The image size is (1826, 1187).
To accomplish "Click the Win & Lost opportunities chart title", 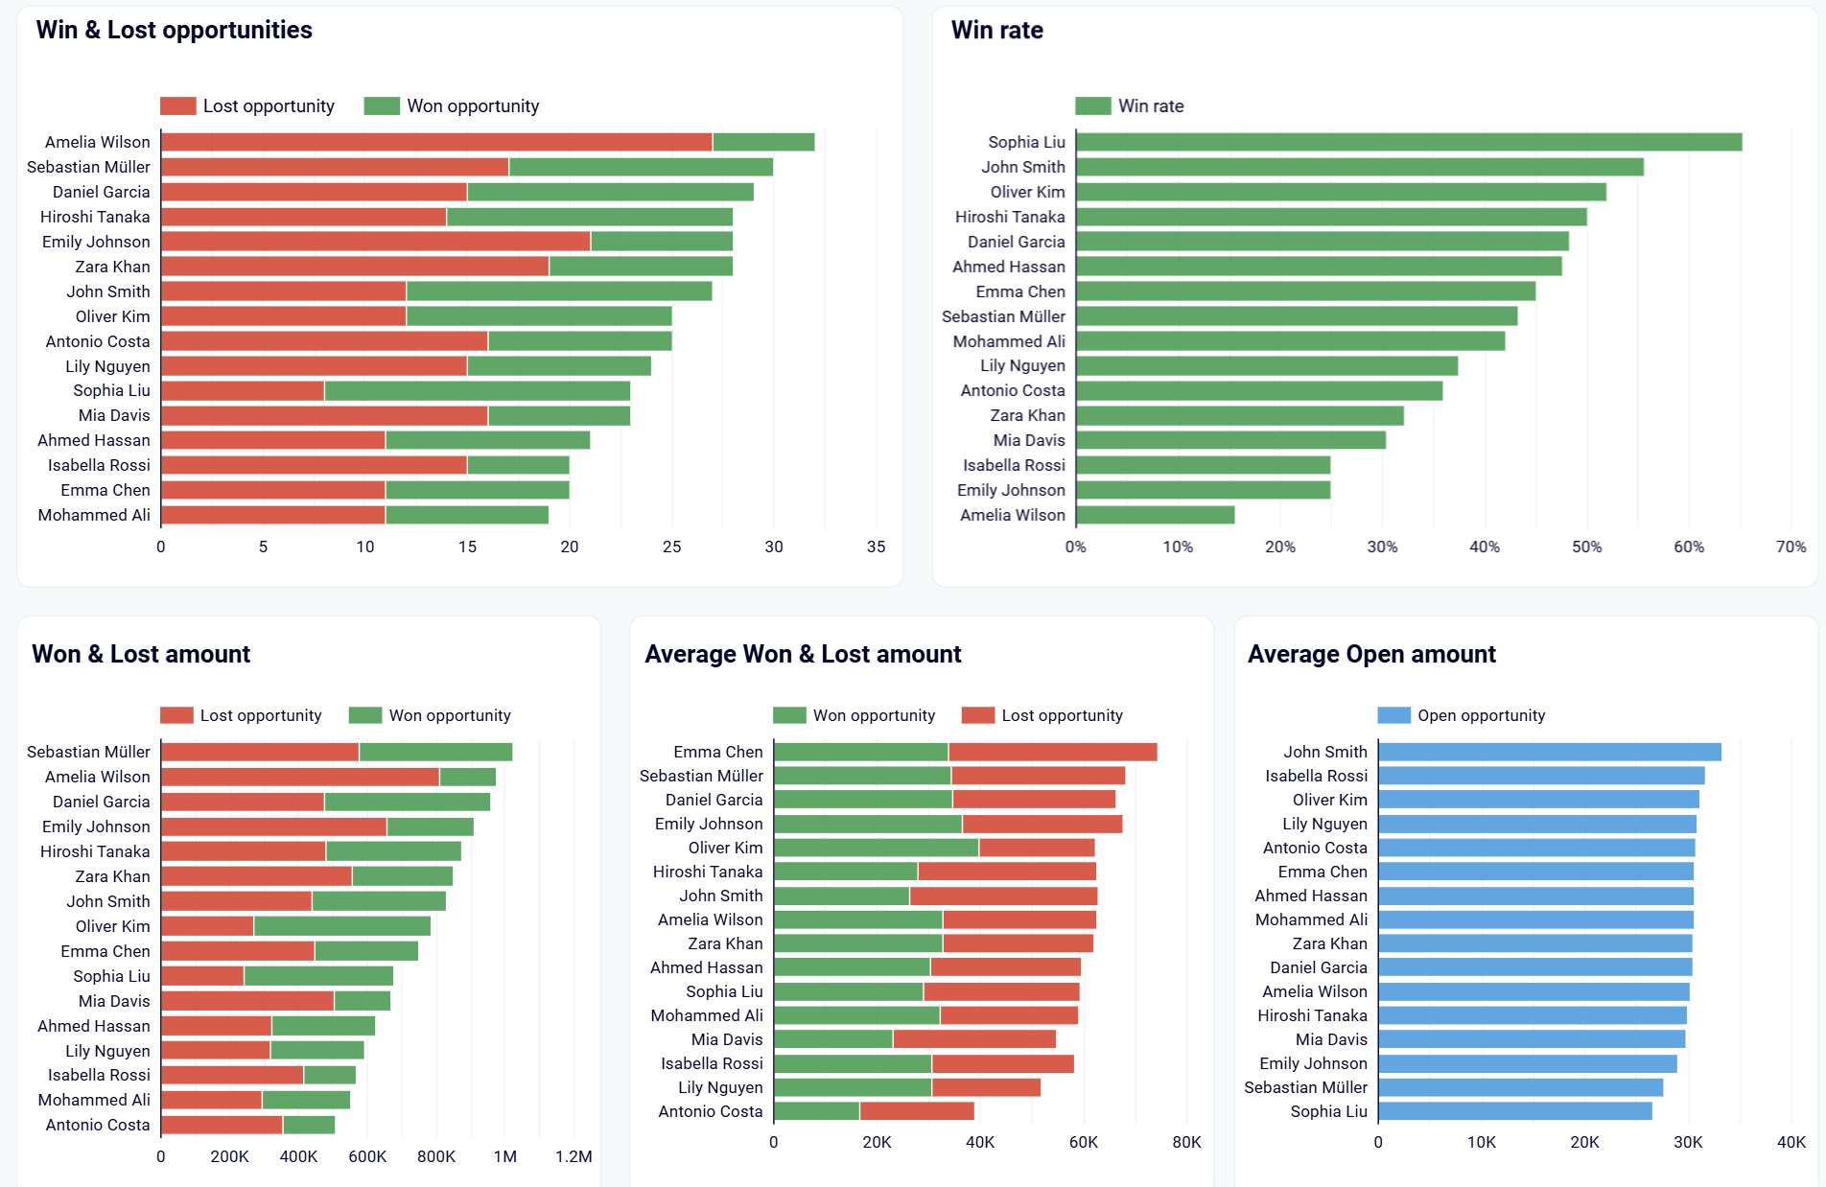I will [x=174, y=30].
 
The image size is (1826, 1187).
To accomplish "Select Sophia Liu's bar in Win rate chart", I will [x=1408, y=142].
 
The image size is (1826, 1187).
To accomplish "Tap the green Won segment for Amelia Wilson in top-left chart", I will [x=763, y=142].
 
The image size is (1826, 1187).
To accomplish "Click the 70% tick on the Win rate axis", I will [x=1791, y=547].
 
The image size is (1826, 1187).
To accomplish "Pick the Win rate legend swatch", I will [x=1092, y=105].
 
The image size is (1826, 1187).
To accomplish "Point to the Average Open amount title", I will [x=1370, y=654].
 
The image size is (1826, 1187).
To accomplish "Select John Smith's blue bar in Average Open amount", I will [x=1549, y=752].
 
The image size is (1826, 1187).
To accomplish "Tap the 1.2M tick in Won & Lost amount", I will [x=574, y=1156].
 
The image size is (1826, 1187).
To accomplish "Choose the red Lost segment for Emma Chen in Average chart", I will [x=1052, y=752].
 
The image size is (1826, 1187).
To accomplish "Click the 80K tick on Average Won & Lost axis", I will [x=1186, y=1142].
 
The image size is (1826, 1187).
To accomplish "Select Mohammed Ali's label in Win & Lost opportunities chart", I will [x=94, y=515].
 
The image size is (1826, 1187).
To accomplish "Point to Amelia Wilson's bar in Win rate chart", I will [x=1155, y=515].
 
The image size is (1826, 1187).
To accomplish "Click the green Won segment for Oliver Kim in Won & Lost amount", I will [x=341, y=926].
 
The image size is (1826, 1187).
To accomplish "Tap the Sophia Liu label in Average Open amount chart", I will [x=1328, y=1111].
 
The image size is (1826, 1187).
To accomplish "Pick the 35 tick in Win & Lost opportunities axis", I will [x=876, y=547].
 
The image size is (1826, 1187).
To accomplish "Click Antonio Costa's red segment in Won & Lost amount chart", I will [x=222, y=1125].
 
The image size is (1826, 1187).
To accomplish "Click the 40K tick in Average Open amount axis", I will [x=1791, y=1142].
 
